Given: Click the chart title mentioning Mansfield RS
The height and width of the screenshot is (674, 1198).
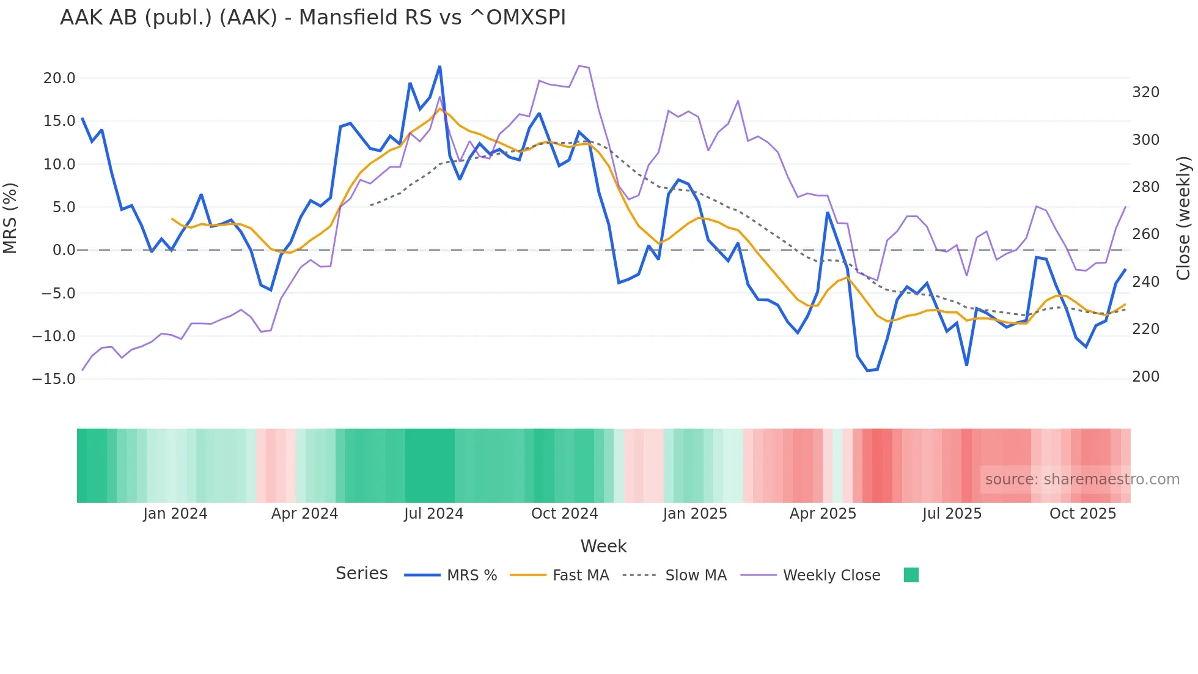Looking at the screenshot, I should pos(312,18).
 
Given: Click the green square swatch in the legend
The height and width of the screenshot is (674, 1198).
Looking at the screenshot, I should pos(911,575).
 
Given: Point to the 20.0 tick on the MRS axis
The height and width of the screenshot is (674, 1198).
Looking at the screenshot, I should pos(59,78).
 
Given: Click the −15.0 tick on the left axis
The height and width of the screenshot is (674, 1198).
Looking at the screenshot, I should pos(54,379).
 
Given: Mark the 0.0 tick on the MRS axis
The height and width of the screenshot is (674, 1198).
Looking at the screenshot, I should pos(64,250).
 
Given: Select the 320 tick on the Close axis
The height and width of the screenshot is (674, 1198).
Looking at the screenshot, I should pos(1145,92).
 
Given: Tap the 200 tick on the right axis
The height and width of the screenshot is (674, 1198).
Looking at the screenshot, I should pos(1145,377).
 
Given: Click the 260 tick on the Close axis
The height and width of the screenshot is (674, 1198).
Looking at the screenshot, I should pos(1145,234).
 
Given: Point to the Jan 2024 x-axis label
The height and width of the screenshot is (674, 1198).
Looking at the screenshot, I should pos(175,514).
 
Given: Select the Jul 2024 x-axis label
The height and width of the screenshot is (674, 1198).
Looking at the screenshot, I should pos(434,514).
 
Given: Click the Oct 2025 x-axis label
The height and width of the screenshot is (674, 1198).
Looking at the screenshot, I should pos(1082,514).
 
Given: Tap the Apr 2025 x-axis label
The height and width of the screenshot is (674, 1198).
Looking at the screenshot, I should pos(823,514).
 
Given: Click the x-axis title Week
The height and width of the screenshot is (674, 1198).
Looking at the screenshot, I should pos(603,546).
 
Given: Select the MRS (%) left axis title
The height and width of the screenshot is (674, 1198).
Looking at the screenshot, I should pos(10,218).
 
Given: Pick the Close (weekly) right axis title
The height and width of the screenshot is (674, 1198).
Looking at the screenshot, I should pos(1183,218).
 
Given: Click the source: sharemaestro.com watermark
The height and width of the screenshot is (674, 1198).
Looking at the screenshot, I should pos(1082,480).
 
